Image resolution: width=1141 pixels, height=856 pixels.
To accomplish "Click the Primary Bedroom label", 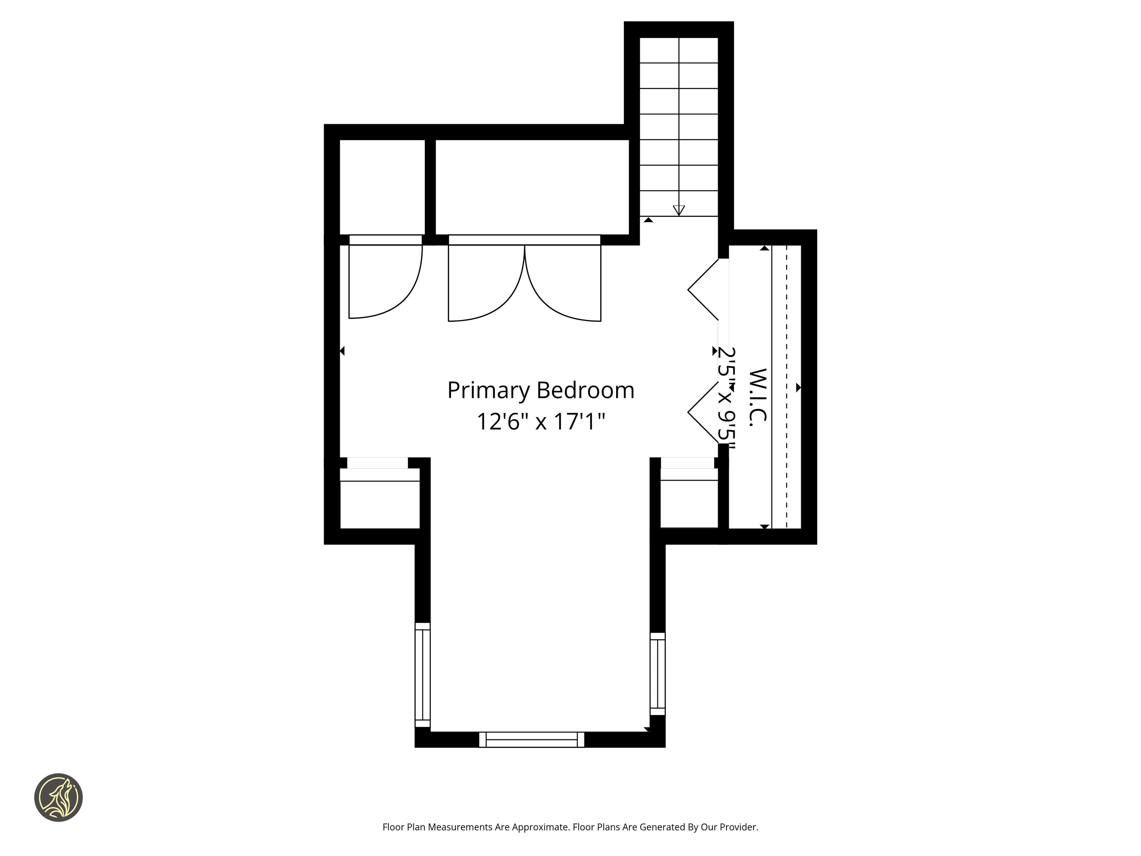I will pyautogui.click(x=540, y=390).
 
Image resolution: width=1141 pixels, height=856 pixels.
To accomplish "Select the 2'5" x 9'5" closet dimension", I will pyautogui.click(x=727, y=397).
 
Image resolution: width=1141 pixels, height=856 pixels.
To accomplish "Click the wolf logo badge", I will pyautogui.click(x=58, y=797).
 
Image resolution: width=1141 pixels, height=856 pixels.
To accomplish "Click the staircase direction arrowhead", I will pyautogui.click(x=679, y=210).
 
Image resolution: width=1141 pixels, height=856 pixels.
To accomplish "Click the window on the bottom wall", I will pyautogui.click(x=532, y=739).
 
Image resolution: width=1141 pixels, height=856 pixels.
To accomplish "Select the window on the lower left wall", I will pyautogui.click(x=422, y=674).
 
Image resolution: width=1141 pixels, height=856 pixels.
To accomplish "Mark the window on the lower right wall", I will pyautogui.click(x=658, y=674).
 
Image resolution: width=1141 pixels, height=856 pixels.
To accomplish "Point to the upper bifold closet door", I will pyautogui.click(x=703, y=289).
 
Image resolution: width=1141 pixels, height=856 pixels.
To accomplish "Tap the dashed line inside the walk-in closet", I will pyautogui.click(x=787, y=387).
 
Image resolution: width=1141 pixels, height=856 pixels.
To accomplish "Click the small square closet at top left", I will pyautogui.click(x=382, y=187).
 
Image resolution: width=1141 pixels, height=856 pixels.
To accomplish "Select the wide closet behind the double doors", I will pyautogui.click(x=532, y=187).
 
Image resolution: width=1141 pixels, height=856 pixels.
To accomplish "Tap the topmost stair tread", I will pyautogui.click(x=679, y=50).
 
